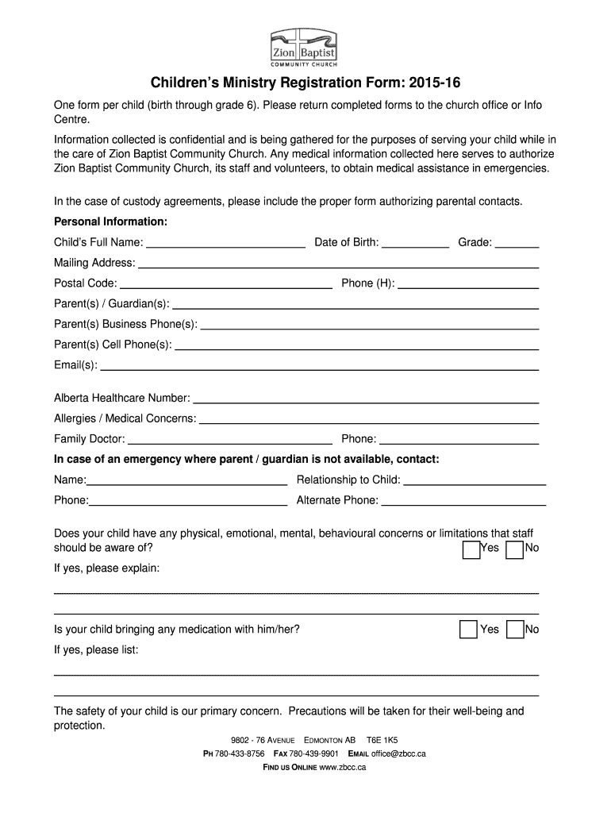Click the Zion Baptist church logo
click(304, 48)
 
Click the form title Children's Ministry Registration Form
click(305, 83)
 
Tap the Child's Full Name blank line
click(225, 243)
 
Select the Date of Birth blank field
click(415, 243)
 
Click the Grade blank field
click(517, 243)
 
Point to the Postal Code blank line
click(225, 284)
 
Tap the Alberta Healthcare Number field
click(366, 399)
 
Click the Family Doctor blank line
click(229, 440)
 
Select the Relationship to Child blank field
click(475, 480)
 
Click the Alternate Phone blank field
click(463, 501)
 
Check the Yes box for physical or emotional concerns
click(471, 549)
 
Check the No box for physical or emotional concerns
click(515, 549)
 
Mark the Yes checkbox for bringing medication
click(469, 630)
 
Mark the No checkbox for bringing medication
click(515, 630)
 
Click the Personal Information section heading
click(110, 221)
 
